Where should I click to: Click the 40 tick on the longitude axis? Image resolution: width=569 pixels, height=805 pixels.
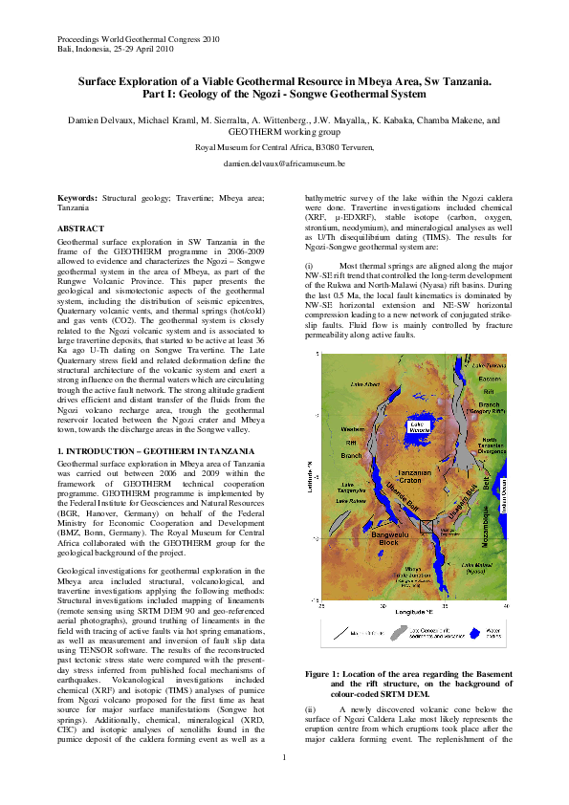click(x=504, y=605)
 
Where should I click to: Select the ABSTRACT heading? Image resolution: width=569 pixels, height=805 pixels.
click(x=81, y=229)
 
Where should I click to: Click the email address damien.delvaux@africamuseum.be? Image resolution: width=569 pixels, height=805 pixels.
click(x=284, y=164)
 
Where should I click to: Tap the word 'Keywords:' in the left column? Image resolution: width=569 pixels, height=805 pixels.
click(x=77, y=196)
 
